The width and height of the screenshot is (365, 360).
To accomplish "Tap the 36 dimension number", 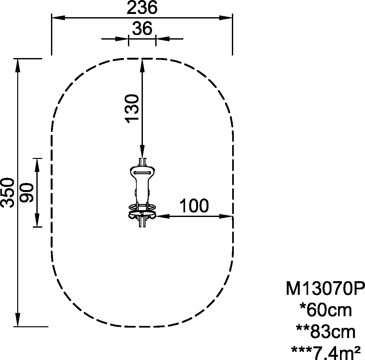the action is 142,28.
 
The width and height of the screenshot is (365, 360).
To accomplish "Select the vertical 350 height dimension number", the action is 7,193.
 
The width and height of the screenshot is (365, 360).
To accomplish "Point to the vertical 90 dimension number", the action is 27,193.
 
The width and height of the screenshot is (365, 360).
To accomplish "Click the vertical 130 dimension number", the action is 132,109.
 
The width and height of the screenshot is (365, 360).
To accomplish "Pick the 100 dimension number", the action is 194,206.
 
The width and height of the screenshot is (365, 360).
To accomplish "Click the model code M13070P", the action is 325,288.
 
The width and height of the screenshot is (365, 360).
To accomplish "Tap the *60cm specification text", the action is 326,310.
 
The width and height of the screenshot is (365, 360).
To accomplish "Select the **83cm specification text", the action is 326,332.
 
